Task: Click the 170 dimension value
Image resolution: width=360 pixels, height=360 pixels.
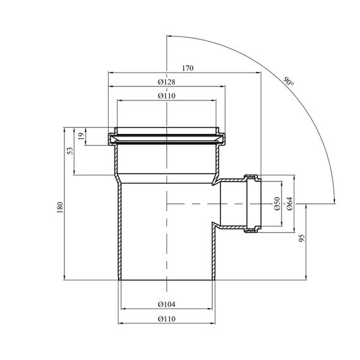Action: click(188, 68)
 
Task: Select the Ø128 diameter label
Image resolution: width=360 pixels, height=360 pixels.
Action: click(167, 82)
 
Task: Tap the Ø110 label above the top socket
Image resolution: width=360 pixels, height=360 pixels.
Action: click(167, 96)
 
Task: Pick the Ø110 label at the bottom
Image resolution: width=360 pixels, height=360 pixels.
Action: click(167, 319)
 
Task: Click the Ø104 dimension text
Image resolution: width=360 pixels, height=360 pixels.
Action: click(167, 304)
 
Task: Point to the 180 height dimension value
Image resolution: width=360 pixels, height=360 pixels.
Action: click(60, 207)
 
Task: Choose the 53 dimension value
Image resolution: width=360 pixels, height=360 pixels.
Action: click(71, 150)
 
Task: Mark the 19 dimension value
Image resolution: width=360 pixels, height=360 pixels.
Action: click(81, 136)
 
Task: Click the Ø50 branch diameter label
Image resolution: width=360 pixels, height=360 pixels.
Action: click(277, 203)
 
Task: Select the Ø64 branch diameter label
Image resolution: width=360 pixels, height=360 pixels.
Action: click(290, 203)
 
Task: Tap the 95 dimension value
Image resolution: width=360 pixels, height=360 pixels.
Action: click(302, 238)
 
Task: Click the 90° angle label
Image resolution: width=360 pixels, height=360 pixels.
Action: click(289, 81)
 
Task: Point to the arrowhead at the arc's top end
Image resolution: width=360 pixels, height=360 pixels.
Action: click(169, 36)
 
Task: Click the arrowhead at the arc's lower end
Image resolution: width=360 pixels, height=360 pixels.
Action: click(334, 201)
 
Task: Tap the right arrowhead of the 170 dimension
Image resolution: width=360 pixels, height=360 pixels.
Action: click(258, 73)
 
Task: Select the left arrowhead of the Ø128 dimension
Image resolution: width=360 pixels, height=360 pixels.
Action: click(111, 87)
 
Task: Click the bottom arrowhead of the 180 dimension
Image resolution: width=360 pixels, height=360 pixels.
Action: click(64, 277)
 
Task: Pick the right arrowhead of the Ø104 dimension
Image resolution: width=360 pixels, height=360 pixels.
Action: click(210, 309)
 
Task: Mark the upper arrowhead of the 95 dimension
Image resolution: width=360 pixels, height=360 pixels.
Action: click(306, 207)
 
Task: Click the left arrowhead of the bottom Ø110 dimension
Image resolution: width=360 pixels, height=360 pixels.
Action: click(121, 323)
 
